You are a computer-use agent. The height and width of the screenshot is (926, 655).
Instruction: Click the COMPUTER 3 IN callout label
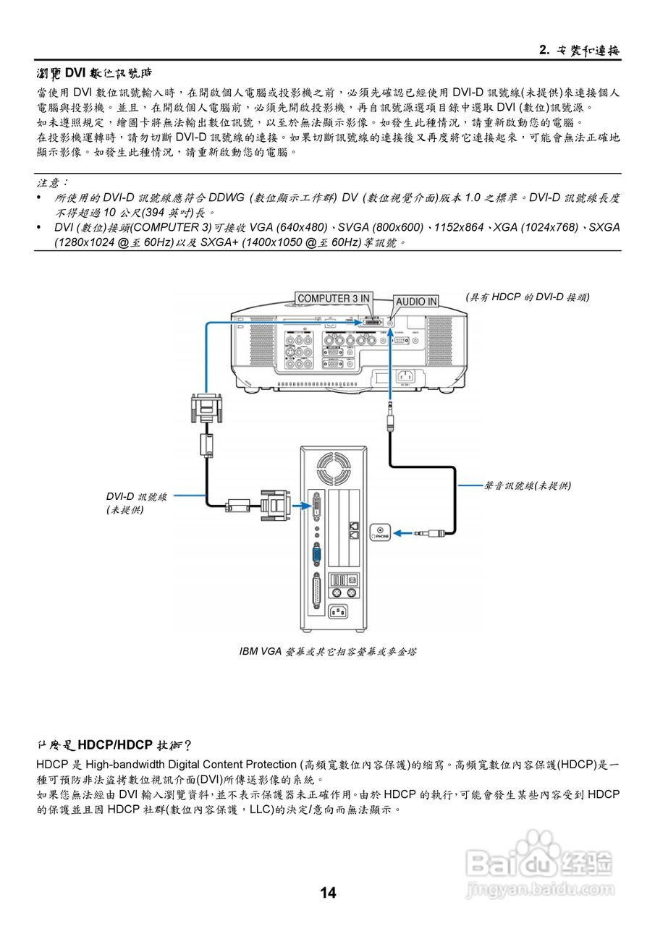click(334, 298)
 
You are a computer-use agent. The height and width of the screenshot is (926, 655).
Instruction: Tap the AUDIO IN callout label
click(416, 301)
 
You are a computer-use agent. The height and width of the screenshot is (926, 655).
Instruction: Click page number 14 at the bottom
click(328, 893)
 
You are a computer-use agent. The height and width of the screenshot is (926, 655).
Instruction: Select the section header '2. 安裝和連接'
click(580, 51)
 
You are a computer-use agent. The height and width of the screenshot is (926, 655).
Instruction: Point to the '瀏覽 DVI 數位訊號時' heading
click(95, 73)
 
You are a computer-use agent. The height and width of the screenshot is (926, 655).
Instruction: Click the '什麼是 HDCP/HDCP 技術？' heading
click(114, 745)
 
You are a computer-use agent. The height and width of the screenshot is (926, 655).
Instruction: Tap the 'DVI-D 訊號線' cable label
click(137, 496)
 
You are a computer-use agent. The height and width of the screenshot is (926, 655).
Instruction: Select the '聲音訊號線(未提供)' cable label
click(527, 485)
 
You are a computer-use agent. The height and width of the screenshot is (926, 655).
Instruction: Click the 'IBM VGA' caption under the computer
click(328, 651)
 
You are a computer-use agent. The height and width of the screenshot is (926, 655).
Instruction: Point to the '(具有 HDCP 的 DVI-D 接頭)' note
click(528, 297)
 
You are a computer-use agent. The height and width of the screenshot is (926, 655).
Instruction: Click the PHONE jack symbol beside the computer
click(381, 532)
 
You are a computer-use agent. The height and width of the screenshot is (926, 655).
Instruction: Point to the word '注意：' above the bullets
click(51, 184)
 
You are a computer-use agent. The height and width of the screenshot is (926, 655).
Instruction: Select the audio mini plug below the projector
click(390, 419)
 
